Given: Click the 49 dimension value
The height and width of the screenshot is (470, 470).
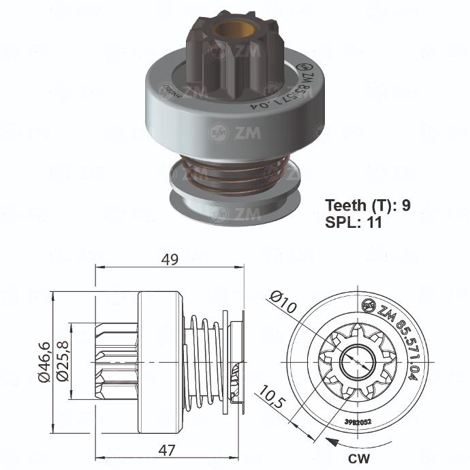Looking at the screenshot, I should tap(170, 259).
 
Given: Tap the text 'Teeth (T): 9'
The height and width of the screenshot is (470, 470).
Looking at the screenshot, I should tap(367, 205).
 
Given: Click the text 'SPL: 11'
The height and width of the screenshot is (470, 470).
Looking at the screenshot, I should tap(354, 222).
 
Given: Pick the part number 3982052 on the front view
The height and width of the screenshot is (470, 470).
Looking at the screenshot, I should tap(359, 423).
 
